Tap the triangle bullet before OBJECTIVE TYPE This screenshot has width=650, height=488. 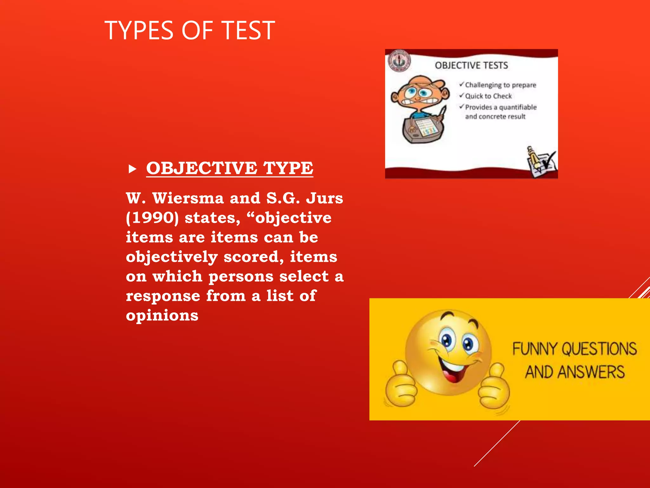(x=132, y=169)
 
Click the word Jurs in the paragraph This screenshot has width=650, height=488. (x=324, y=198)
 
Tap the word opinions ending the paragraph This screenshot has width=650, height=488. (x=162, y=316)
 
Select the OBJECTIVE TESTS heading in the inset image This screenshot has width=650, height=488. (x=471, y=65)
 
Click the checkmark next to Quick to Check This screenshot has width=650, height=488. (x=462, y=96)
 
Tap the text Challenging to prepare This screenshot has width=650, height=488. (x=501, y=85)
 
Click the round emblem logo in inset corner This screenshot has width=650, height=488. (x=399, y=61)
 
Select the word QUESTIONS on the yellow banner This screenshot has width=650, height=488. (x=599, y=349)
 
